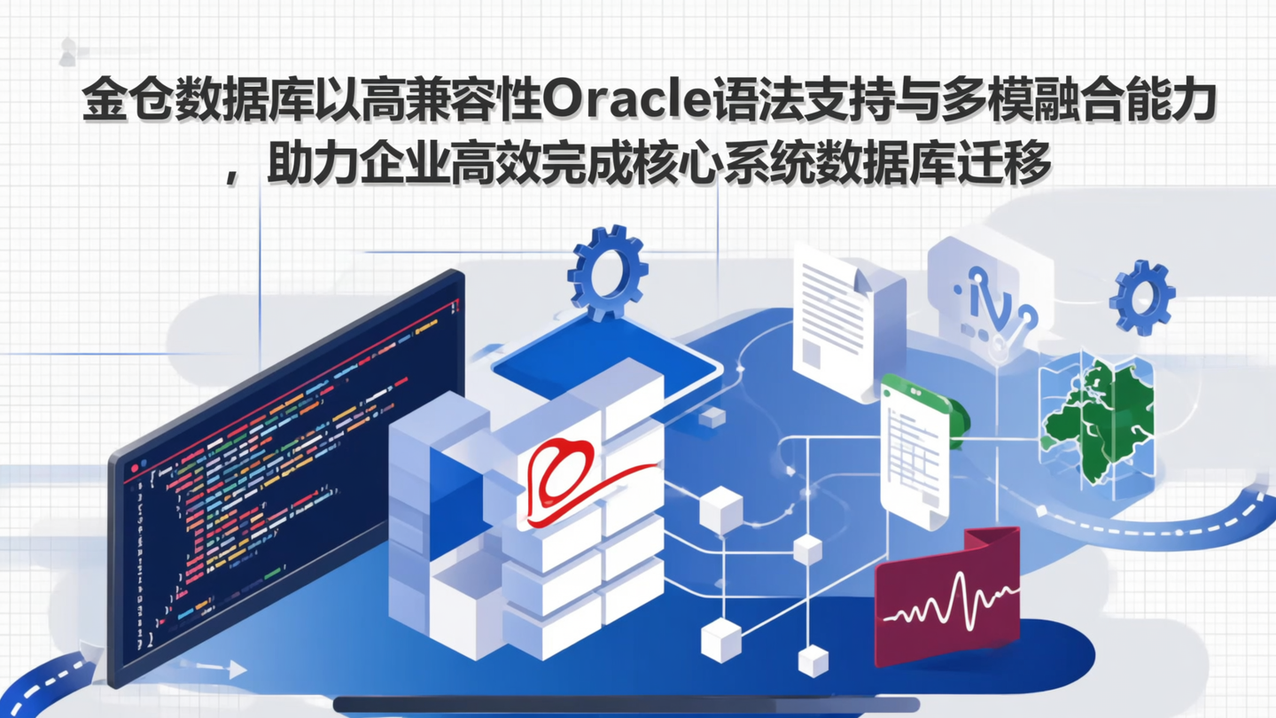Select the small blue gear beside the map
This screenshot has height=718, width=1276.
click(1141, 299)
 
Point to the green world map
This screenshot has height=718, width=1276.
click(1098, 418)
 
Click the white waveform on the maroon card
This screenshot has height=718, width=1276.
click(947, 603)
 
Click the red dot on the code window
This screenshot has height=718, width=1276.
click(135, 467)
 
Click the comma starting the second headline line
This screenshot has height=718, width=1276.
click(231, 174)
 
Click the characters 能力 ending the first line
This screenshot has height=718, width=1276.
click(1170, 105)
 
